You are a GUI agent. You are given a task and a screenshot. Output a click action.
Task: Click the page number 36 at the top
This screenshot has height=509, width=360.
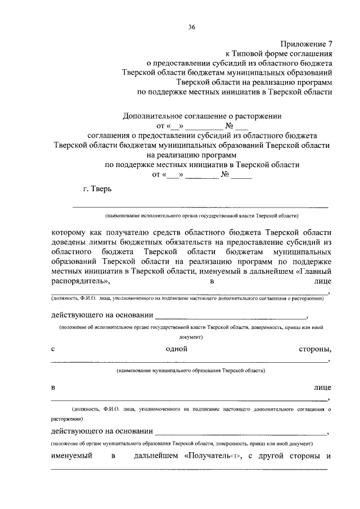(x=192, y=26)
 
